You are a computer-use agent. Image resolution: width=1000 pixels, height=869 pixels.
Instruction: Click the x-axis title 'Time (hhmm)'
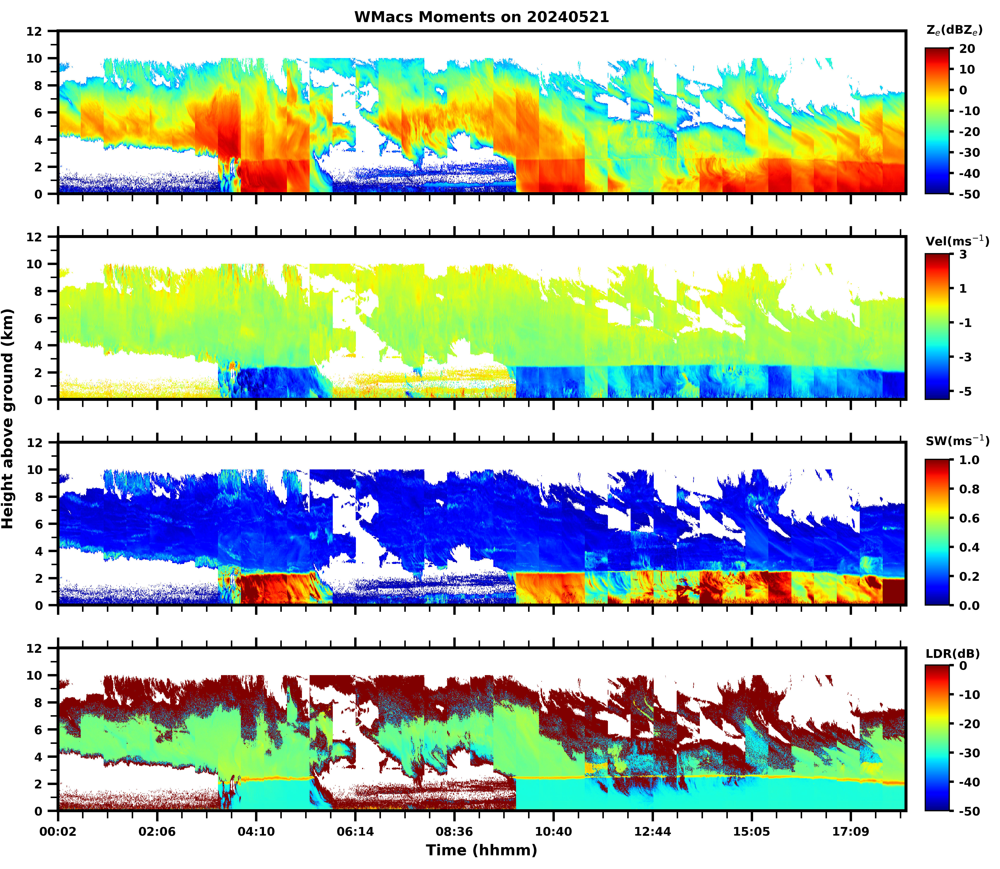pos(481,850)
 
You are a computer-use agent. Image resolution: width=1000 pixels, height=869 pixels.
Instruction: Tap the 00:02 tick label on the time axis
pos(58,832)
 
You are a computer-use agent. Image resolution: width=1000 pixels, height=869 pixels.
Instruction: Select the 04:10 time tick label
pos(256,832)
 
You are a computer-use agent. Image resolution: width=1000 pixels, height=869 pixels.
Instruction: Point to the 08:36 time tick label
pos(454,832)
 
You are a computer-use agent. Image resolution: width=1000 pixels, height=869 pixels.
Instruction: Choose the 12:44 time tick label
pos(652,832)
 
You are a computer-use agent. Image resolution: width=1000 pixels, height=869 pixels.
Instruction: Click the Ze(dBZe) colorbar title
pos(954,31)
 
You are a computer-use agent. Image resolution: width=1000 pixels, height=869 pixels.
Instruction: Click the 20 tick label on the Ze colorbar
pos(967,49)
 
